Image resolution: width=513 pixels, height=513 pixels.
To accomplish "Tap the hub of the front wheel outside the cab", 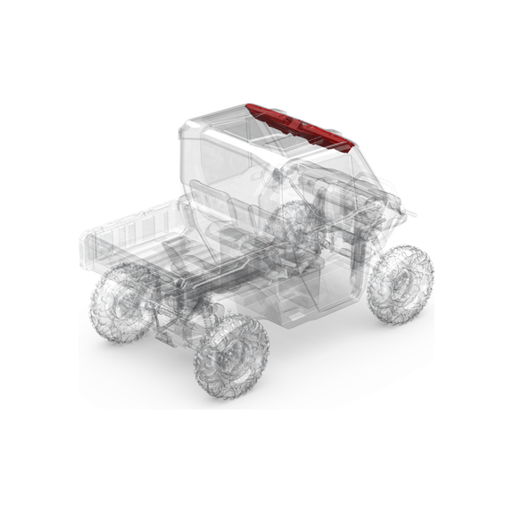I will coord(401,282).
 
